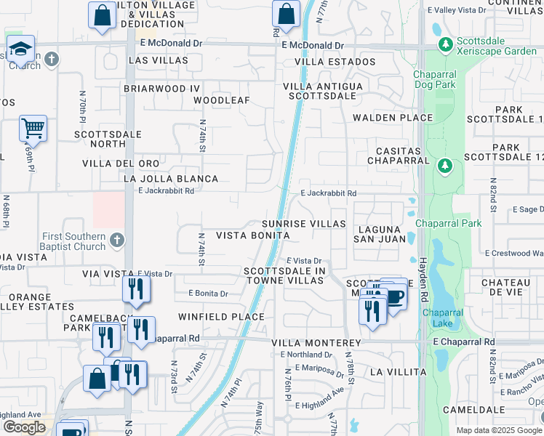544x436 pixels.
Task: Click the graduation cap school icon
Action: (x=21, y=49)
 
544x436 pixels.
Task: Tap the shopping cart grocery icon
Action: (x=33, y=128)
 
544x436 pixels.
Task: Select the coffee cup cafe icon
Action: (x=395, y=297)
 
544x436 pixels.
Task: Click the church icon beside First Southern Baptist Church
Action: (x=117, y=239)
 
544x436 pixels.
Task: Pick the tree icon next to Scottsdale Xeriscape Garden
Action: (x=444, y=45)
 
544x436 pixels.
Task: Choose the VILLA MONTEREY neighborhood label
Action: (x=316, y=342)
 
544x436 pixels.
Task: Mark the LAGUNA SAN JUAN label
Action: (x=379, y=233)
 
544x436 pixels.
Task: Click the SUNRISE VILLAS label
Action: (x=304, y=224)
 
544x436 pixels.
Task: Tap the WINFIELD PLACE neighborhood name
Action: (x=221, y=317)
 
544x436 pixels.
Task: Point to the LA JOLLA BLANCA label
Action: (x=171, y=179)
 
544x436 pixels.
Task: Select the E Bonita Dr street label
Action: (x=208, y=294)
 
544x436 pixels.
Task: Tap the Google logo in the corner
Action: (x=24, y=427)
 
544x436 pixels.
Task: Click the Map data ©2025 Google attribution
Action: (x=499, y=430)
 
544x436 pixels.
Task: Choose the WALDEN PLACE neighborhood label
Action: (x=383, y=118)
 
